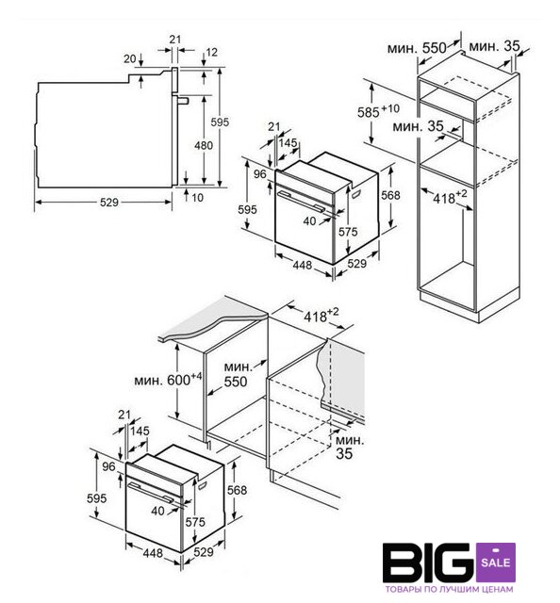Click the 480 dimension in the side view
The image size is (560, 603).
204,145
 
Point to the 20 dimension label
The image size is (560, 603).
130,58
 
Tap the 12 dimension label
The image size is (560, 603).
212,52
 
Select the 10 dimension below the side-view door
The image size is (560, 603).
197,198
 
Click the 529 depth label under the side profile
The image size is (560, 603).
109,203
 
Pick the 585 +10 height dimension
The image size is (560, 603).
378,111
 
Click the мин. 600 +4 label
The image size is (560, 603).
168,379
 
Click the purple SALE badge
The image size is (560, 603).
496,562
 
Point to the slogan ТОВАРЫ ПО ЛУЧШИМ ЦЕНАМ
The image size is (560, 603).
449,589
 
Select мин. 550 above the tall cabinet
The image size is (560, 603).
417,48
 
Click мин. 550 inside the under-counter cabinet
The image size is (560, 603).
237,374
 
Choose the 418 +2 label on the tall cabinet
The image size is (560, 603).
450,197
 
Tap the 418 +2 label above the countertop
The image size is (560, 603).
321,316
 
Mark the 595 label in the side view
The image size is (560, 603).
220,122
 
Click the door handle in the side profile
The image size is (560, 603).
183,101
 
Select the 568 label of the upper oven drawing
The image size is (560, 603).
390,195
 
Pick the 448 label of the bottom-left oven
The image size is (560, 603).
153,553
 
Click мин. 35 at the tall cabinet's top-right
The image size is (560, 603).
494,46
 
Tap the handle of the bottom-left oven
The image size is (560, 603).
151,492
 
